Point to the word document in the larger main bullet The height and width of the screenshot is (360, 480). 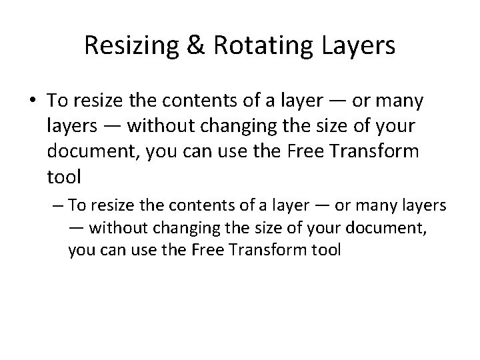tap(89, 151)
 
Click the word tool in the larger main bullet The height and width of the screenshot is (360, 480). tap(64, 177)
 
